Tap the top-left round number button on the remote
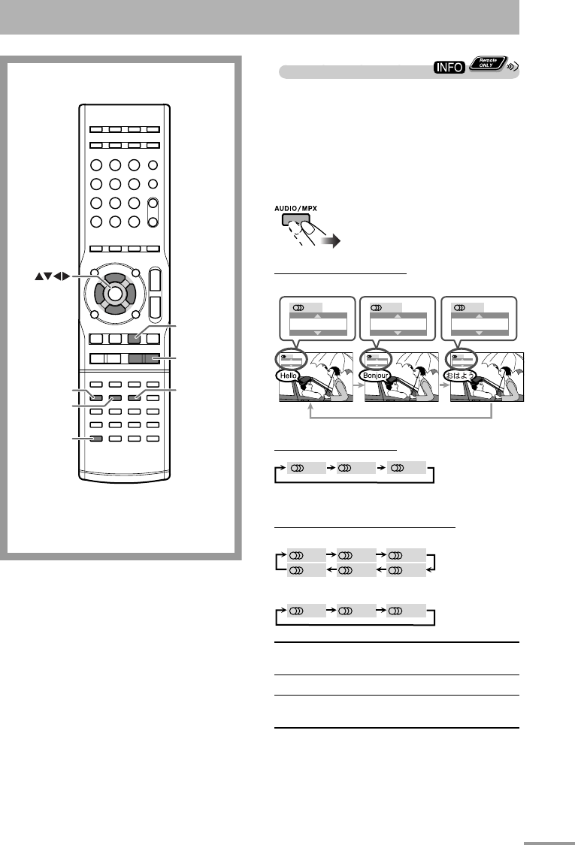coord(97,166)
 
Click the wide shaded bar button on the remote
coord(144,359)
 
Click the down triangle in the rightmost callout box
coord(480,330)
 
